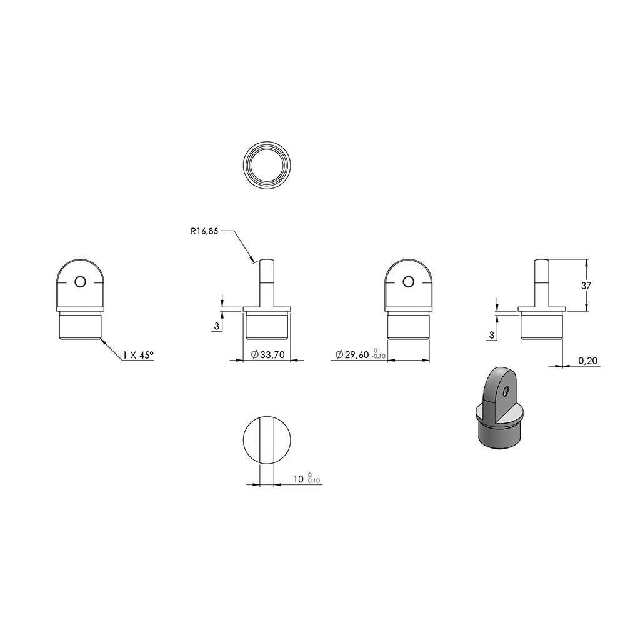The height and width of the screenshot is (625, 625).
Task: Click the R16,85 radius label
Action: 204,231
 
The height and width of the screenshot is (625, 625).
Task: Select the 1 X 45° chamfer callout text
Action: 138,355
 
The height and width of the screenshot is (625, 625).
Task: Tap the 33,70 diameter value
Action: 272,354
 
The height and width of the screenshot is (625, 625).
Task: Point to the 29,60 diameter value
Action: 357,354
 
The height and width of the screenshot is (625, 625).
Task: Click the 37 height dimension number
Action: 586,286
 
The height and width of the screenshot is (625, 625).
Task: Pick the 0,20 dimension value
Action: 588,361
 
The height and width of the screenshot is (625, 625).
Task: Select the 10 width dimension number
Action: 299,479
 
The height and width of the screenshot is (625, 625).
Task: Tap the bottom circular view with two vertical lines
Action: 267,440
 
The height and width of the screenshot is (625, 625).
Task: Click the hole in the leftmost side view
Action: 80,282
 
